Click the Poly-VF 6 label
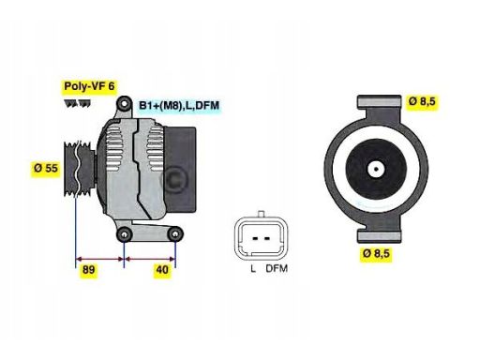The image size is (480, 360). pos(89,86)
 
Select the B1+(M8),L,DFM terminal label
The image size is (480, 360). pos(178,106)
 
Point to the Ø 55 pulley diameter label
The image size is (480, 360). pos(45,168)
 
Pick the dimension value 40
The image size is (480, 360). pos(161,269)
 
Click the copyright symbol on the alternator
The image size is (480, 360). pos(175,178)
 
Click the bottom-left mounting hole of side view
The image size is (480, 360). pos(124,233)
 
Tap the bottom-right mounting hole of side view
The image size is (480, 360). pos(174,233)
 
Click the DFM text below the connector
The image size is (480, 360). pos(276,270)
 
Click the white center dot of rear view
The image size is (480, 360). pos(375,171)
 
